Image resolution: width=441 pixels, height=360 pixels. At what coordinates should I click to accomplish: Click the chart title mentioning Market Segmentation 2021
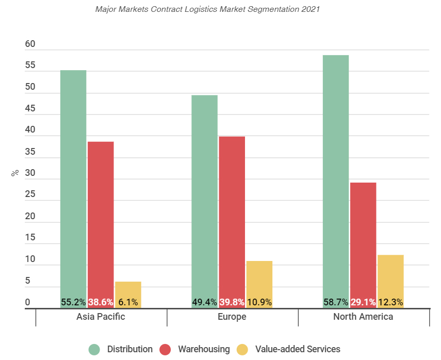click(208, 9)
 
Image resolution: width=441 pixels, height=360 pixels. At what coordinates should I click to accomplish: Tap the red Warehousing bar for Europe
click(232, 217)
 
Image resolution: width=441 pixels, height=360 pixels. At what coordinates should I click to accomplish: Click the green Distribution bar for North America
click(336, 175)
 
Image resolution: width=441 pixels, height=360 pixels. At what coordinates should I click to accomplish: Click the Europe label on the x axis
click(232, 317)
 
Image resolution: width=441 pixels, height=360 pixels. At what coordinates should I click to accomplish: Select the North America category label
click(363, 317)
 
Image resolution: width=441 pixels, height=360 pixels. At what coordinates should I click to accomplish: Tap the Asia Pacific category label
click(101, 317)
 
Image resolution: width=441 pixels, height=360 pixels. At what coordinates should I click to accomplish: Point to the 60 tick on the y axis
click(30, 44)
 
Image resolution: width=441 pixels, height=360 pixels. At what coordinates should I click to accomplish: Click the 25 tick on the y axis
click(30, 195)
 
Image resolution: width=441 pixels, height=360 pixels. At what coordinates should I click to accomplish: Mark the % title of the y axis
click(15, 173)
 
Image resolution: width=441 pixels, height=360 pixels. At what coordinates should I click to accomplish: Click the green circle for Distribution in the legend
click(94, 349)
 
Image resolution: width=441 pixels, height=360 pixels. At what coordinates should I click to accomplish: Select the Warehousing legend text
click(204, 349)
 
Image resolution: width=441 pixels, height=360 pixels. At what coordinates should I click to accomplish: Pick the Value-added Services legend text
click(298, 349)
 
